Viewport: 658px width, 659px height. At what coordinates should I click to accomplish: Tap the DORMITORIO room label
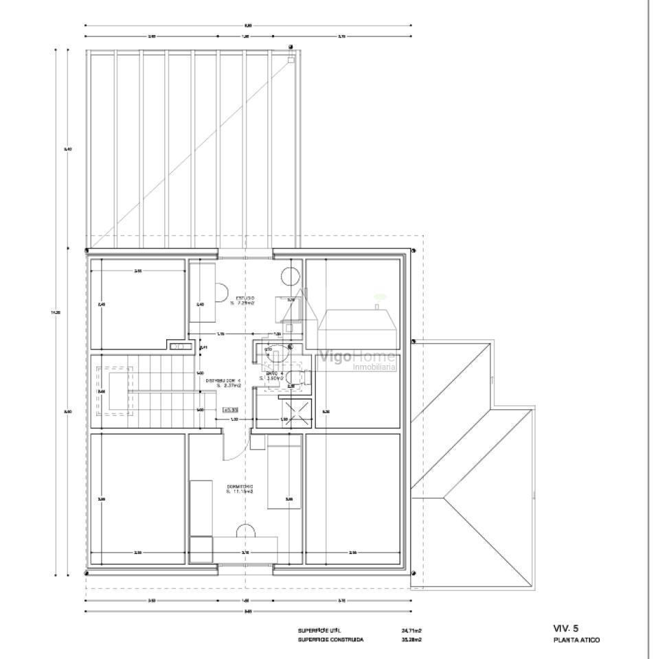(x=240, y=489)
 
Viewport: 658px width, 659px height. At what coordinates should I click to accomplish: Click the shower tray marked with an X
(x=297, y=414)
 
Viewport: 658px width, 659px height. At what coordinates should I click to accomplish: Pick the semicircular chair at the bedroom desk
(x=245, y=531)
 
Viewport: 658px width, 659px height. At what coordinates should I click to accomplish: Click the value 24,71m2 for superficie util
(x=411, y=629)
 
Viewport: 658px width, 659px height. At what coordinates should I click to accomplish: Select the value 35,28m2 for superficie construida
(x=411, y=639)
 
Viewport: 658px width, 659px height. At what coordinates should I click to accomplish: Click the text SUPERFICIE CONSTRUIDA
(x=331, y=639)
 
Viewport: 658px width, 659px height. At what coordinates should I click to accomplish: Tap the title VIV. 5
(x=566, y=627)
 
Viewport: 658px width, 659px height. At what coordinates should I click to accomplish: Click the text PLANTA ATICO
(x=576, y=640)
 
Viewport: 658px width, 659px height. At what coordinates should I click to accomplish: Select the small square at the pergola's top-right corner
(x=291, y=60)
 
